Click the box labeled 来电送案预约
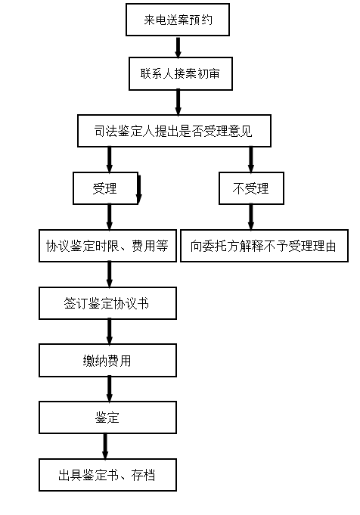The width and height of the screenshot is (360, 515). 178,20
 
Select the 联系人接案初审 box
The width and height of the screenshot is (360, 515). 180,73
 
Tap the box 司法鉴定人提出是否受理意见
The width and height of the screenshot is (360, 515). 174,131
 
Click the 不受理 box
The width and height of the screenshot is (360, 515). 251,188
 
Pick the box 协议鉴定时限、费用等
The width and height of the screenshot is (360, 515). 107,246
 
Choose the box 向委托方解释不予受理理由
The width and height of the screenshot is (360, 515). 264,246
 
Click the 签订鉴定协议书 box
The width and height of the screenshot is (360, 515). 107,303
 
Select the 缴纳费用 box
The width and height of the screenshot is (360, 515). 107,360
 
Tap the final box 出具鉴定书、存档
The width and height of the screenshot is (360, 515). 107,475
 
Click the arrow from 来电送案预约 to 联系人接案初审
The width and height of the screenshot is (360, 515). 178,47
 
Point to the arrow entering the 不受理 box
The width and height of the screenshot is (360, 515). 251,160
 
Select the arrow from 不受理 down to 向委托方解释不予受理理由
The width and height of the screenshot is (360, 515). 251,217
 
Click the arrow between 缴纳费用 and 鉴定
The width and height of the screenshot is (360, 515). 110,389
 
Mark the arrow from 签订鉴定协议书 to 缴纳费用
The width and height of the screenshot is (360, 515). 110,332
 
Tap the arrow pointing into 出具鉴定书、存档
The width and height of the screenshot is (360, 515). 105,446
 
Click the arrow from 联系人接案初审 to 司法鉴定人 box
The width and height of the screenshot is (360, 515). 178,103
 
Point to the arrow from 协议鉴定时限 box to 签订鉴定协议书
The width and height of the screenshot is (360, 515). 110,275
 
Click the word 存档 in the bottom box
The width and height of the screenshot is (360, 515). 143,475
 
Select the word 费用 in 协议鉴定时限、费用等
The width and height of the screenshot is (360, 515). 144,246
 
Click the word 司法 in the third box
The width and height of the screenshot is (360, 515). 106,131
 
